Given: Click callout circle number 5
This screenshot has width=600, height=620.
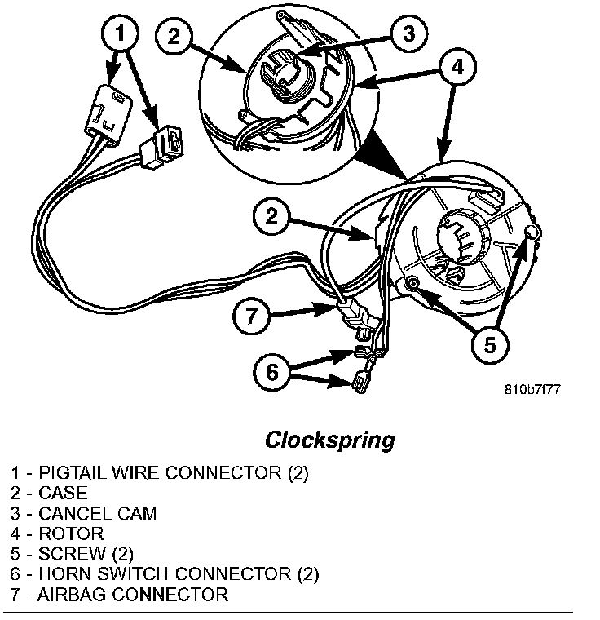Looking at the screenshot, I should click(487, 345).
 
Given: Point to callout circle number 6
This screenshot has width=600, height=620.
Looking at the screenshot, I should click(273, 371).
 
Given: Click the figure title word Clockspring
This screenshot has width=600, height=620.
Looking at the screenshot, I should click(329, 440).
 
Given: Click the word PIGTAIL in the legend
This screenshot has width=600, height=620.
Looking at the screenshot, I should click(71, 473).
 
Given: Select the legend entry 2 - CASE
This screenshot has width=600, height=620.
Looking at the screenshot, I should click(50, 494).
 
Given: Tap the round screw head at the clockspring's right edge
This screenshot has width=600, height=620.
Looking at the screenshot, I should click(532, 235).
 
